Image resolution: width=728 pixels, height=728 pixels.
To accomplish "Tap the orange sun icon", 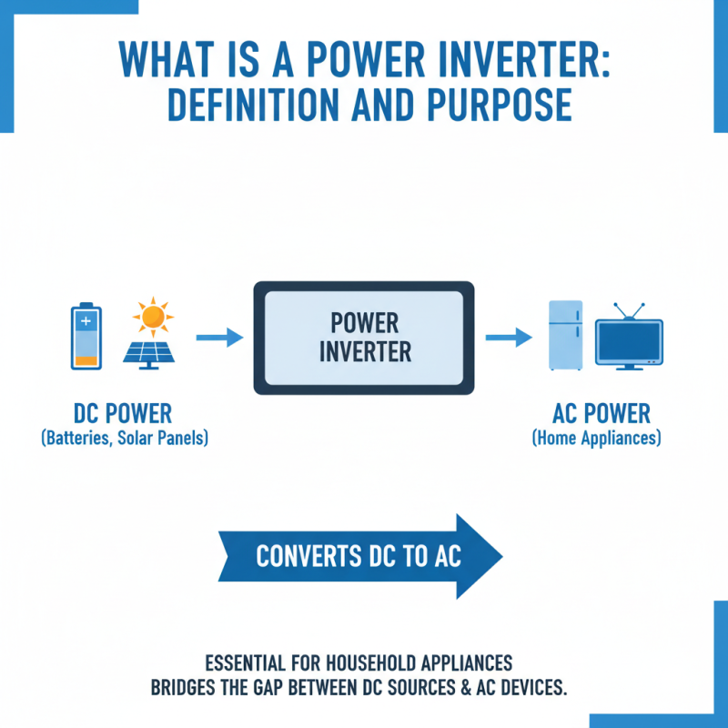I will pos(152,316).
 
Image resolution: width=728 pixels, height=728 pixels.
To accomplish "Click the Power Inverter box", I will pos(364,338).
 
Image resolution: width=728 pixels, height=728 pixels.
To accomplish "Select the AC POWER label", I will pos(602,414).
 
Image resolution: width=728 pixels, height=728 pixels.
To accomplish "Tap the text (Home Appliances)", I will pos(596,439).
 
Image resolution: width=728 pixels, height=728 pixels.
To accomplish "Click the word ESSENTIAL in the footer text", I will pos(240,662).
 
